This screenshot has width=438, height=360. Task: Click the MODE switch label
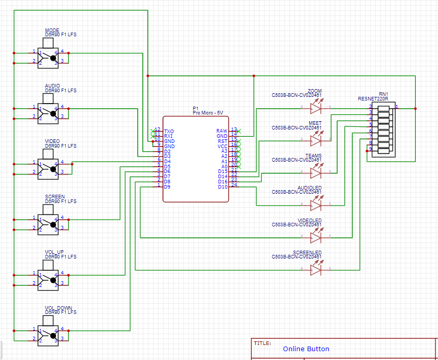(52, 30)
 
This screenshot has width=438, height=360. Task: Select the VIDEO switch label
(52, 141)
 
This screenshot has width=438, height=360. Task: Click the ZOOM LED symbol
(316, 108)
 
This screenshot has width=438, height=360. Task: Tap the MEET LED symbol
(316, 140)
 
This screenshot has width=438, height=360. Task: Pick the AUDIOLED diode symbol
(316, 205)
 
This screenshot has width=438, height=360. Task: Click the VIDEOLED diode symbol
(316, 237)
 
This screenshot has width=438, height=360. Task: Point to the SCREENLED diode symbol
(316, 269)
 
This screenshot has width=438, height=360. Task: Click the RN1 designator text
(383, 94)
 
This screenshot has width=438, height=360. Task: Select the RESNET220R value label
(373, 98)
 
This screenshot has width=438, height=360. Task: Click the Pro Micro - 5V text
(208, 112)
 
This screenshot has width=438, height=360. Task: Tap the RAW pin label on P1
(222, 131)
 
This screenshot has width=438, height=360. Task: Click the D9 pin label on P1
(167, 186)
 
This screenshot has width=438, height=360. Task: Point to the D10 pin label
(223, 186)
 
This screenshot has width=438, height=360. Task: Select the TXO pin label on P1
(169, 131)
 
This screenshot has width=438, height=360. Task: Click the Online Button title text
(306, 349)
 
